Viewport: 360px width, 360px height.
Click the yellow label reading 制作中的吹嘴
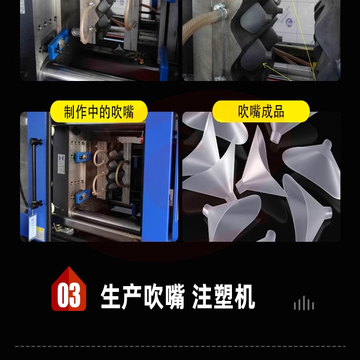[99, 111]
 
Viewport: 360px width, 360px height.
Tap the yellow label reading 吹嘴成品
[261, 111]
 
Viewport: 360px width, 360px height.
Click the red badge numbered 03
[69, 289]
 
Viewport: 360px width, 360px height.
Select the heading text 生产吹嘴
[143, 296]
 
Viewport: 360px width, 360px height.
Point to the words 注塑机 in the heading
[224, 296]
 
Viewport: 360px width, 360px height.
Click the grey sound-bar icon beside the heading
[304, 303]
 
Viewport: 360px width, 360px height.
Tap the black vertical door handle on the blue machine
[34, 173]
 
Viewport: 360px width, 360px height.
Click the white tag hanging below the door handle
[32, 227]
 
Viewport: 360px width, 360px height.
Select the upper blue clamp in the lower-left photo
[82, 156]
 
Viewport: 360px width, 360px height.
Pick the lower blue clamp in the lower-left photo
[82, 196]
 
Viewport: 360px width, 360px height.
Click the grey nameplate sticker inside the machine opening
[61, 164]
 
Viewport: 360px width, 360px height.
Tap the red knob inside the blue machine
[142, 137]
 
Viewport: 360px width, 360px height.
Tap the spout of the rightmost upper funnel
[327, 145]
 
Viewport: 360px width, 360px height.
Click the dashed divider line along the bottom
[180, 346]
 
